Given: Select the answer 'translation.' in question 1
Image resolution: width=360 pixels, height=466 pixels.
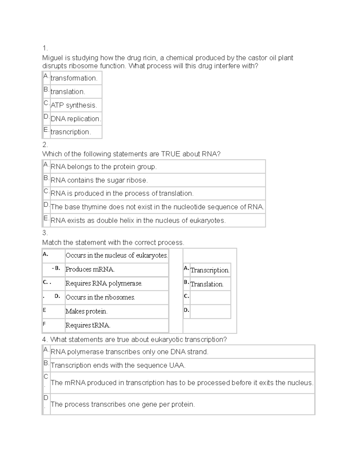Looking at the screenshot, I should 68,92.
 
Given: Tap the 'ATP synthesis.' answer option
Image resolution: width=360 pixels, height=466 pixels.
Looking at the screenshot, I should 73,105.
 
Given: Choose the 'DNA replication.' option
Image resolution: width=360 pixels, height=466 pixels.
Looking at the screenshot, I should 76,119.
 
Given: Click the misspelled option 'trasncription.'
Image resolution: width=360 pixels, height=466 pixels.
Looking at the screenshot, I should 70,132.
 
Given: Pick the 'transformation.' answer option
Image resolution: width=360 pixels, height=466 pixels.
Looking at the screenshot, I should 74,78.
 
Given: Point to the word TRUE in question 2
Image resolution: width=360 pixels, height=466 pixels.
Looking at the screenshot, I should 171,154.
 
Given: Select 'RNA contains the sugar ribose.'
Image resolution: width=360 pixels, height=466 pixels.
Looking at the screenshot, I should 99,180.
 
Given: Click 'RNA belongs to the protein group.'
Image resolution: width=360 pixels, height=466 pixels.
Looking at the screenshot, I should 103,167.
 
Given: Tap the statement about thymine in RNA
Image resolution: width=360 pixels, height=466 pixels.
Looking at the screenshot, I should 157,207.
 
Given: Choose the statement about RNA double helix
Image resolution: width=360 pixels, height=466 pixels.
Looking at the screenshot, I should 138,221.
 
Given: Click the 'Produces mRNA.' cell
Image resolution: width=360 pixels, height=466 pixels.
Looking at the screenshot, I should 90,269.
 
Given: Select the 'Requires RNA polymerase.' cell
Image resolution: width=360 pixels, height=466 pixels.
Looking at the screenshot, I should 104,283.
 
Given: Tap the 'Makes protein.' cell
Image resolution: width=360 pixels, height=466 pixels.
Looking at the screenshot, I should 86,311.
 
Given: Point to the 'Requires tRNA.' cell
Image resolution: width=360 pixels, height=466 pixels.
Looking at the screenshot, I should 88,325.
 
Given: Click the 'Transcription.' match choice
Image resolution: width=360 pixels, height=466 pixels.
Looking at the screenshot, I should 210,270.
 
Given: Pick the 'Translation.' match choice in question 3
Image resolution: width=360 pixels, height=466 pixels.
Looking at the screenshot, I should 207,284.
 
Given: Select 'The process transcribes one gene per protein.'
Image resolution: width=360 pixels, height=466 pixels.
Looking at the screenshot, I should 123,404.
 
